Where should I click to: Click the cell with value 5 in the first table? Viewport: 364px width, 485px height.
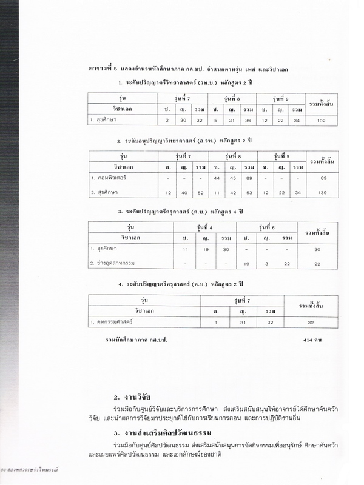215,120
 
